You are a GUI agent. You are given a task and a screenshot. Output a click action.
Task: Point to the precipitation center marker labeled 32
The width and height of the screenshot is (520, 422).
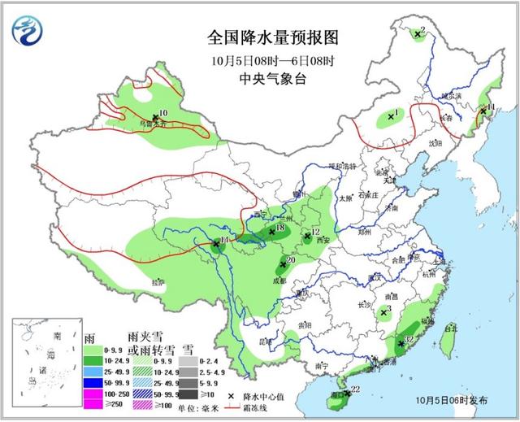401,345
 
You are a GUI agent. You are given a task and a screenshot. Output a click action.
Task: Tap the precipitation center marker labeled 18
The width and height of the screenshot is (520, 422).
271,232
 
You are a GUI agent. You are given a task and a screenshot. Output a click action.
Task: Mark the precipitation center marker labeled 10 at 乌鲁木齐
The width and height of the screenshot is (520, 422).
154,118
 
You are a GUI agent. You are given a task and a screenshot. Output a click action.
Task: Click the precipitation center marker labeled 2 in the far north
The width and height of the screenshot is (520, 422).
417,34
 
